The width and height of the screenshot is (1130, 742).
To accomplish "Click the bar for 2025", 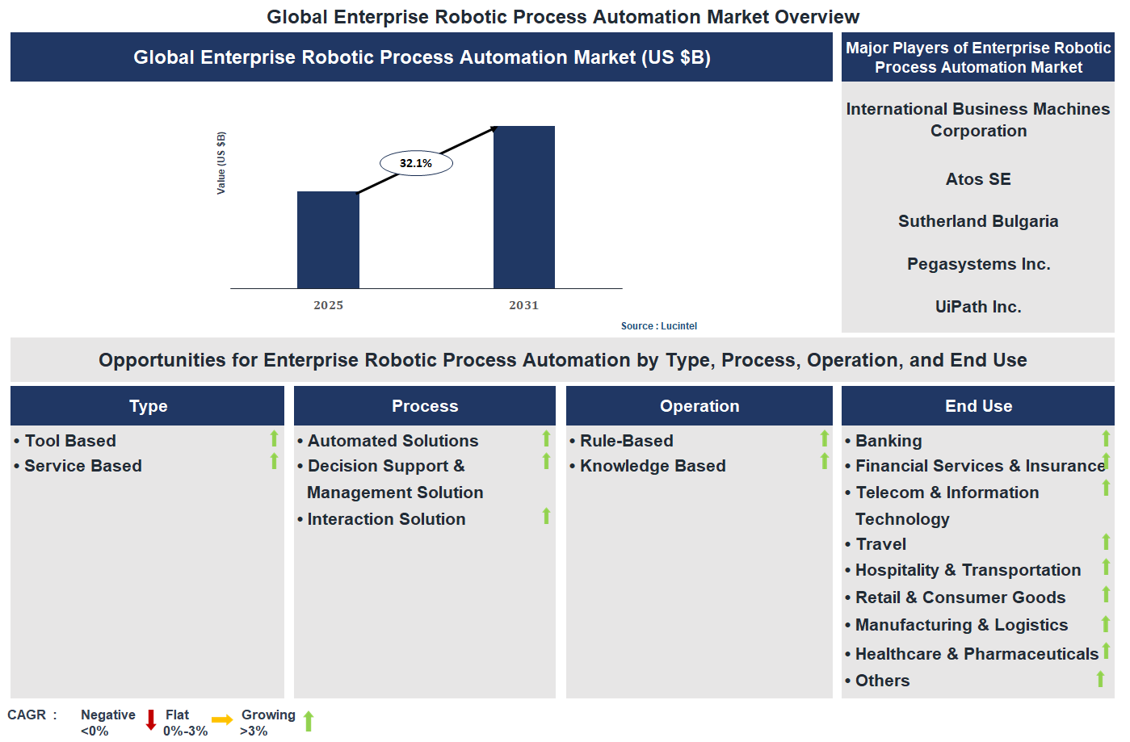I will (328, 240).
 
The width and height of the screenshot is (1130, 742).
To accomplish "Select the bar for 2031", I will (523, 208).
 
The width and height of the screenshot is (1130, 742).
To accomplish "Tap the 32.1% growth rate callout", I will (416, 163).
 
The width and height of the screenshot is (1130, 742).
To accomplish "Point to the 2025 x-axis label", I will (328, 305).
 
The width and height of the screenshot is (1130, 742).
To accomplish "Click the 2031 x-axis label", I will (523, 305).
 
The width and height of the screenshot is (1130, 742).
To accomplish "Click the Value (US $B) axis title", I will (221, 162).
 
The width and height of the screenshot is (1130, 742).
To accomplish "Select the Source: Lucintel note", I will (658, 326).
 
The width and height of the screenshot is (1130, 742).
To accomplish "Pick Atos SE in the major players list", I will (977, 179).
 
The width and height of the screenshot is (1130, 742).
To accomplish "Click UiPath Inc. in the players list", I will (977, 307).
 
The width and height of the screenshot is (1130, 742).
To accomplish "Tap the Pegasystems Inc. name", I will (977, 264).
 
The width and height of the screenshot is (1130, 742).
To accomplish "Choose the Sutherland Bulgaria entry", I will (977, 221).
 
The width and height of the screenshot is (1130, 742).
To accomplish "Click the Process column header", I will (425, 406).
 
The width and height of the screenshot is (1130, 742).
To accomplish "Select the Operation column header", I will (699, 406).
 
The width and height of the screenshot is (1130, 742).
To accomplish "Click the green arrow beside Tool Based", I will (274, 438).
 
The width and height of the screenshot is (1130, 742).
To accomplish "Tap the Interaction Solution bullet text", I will (386, 519).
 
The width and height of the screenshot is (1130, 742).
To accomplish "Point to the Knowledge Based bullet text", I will (653, 466).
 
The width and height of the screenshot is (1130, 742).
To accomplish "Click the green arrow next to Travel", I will (1106, 542).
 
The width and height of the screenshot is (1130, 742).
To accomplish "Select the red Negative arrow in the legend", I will (151, 719).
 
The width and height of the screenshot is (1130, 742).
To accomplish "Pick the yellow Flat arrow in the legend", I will (222, 719).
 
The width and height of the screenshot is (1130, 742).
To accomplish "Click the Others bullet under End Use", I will (882, 681).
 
